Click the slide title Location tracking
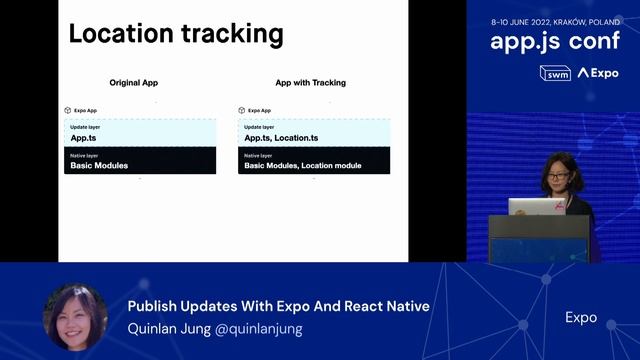coord(175,33)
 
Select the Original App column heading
coord(134,82)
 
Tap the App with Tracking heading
coord(310,82)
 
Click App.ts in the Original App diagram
coord(83,138)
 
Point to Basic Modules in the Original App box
coord(99,165)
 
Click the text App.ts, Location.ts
coord(281,138)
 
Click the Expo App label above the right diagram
coord(259,110)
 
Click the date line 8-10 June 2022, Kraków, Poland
coord(554,20)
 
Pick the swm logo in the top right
coord(555,73)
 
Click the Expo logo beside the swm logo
coord(598,73)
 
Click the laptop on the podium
coord(537,206)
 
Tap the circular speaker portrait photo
coord(75,317)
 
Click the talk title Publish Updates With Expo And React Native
coord(279,306)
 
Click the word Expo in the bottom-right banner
coord(581,318)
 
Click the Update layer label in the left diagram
coord(85,127)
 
